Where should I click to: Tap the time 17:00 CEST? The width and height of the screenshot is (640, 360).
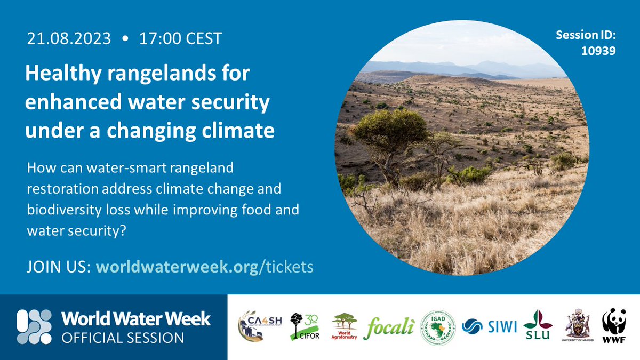180,38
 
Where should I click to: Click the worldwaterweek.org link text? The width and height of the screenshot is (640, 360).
176,267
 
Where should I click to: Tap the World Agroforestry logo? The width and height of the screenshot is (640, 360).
345,327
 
